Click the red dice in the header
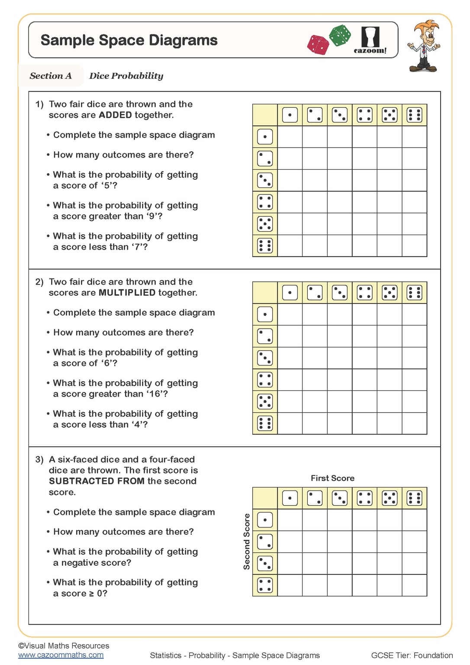[318, 45]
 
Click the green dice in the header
[340, 35]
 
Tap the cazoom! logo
[370, 40]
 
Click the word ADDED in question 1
[115, 115]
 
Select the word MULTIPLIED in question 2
[127, 293]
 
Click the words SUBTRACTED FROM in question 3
[97, 481]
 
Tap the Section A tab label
[51, 76]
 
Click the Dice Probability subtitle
[126, 76]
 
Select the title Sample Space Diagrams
[129, 40]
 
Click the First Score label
[332, 478]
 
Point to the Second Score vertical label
[247, 542]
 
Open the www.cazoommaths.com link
[61, 655]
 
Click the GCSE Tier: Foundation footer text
[412, 655]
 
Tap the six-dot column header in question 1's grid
[414, 115]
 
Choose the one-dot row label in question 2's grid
[265, 314]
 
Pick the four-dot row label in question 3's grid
[265, 585]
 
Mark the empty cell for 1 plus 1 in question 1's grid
[290, 137]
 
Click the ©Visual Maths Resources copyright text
[64, 646]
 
